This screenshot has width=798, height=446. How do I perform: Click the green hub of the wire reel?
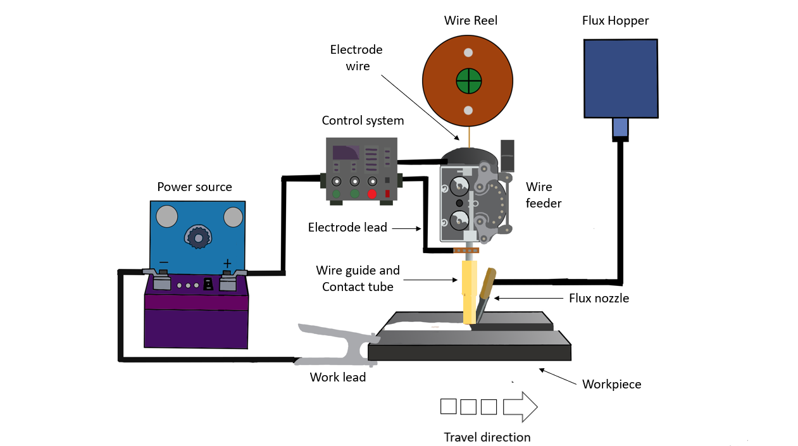click(x=469, y=81)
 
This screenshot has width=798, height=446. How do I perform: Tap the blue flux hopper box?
click(x=620, y=78)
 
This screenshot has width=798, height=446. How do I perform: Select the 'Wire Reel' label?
click(x=471, y=21)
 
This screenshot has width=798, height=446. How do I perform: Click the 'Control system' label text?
click(x=363, y=120)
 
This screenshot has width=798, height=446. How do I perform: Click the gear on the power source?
click(x=198, y=237)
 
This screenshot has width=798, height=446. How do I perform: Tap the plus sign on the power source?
click(x=227, y=263)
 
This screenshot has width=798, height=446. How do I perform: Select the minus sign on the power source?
click(x=163, y=263)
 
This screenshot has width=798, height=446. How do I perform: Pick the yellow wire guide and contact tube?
click(x=469, y=291)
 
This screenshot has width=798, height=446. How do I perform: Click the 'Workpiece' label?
click(x=611, y=384)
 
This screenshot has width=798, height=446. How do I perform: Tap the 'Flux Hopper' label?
click(x=615, y=21)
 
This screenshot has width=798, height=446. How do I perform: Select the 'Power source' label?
click(x=194, y=187)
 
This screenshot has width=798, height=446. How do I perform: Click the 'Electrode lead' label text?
click(x=347, y=227)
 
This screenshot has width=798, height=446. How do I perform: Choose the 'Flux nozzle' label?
click(x=599, y=298)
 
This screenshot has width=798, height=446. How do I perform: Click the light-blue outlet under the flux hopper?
click(x=620, y=128)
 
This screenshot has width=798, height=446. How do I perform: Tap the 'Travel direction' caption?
click(x=487, y=437)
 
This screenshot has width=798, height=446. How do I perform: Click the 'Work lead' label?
click(x=337, y=378)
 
